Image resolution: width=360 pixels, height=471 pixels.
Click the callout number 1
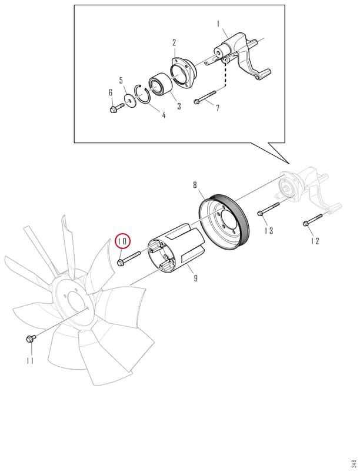(x=218, y=24)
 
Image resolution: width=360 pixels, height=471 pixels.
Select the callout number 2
(x=174, y=42)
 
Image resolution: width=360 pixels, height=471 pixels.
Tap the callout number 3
(x=179, y=106)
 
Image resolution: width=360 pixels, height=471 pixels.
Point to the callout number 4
(x=164, y=115)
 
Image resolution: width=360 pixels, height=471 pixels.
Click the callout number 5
(x=121, y=81)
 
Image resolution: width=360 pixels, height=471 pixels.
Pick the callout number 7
(x=218, y=107)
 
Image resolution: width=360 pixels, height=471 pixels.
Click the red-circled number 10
(x=123, y=241)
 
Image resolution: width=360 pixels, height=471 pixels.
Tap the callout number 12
(x=315, y=241)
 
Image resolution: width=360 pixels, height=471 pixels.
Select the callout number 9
(x=196, y=278)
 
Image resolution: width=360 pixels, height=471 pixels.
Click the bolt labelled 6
(x=116, y=108)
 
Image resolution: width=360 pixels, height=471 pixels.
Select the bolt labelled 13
(x=268, y=208)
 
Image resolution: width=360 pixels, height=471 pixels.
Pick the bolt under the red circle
(x=129, y=258)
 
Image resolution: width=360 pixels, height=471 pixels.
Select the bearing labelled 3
(x=161, y=85)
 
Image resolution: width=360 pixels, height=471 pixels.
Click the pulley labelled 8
(x=224, y=223)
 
